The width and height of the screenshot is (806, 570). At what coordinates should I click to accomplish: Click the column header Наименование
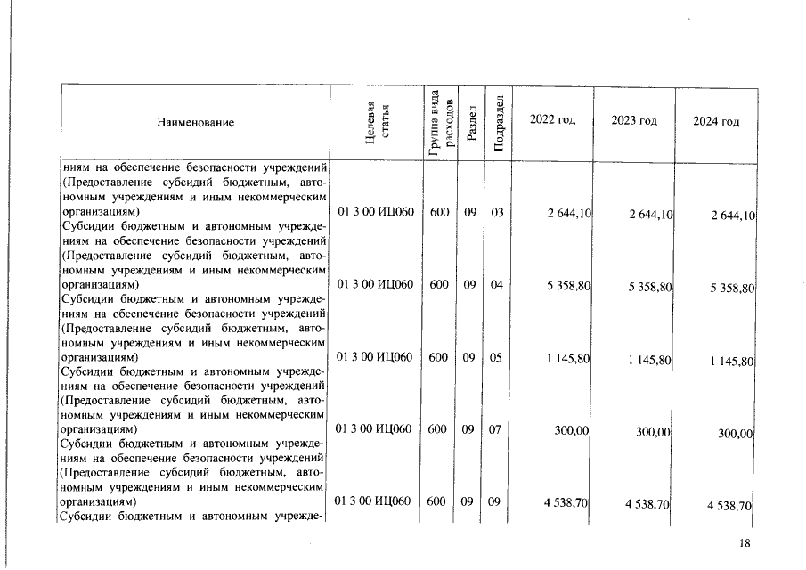tap(195, 123)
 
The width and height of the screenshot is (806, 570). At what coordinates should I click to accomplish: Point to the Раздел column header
tap(470, 122)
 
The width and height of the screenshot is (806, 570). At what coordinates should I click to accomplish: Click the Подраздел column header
tap(498, 122)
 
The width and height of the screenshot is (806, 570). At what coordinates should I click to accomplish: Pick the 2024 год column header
tap(716, 122)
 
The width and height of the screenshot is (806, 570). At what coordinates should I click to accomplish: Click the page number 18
tap(745, 544)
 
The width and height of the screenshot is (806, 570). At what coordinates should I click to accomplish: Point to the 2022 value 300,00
tap(571, 429)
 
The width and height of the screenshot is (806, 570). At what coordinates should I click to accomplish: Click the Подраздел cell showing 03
tap(496, 213)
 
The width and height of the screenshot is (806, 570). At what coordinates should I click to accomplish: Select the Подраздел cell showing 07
tap(496, 429)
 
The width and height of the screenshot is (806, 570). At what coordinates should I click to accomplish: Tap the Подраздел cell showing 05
tap(496, 358)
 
